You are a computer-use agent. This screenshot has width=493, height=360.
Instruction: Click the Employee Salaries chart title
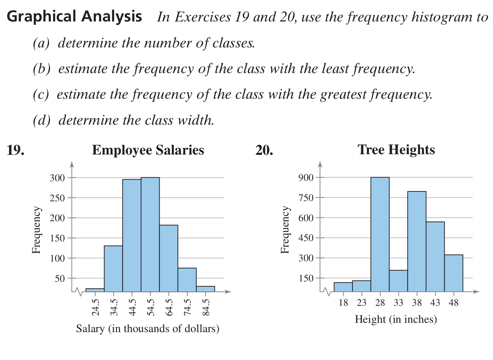[148, 150]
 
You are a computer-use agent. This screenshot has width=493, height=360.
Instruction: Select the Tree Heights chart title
[396, 150]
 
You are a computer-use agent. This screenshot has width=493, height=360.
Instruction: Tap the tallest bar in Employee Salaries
[150, 234]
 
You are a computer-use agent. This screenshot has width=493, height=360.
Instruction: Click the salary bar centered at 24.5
[95, 290]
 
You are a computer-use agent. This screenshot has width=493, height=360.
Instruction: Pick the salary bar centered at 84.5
[205, 289]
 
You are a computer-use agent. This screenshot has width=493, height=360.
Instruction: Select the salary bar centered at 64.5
[169, 258]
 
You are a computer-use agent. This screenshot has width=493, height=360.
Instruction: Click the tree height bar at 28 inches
[380, 234]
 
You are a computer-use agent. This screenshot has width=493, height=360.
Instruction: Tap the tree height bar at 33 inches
[398, 281]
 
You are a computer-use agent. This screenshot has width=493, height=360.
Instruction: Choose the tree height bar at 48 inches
[454, 273]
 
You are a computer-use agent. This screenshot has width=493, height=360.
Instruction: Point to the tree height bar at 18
[343, 287]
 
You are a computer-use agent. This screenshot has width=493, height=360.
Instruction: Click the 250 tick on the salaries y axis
[57, 198]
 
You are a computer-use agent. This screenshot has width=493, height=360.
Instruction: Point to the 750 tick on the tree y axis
[306, 197]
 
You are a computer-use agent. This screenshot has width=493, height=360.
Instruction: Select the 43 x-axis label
[435, 303]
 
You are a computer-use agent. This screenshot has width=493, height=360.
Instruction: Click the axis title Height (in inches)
[396, 319]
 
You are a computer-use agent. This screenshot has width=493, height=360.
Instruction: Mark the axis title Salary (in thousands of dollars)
[147, 329]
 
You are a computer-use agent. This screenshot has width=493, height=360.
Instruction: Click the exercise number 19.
[15, 150]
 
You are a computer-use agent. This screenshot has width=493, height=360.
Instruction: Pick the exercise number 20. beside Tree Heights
[264, 150]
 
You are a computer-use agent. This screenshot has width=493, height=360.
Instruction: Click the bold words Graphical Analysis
[74, 16]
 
